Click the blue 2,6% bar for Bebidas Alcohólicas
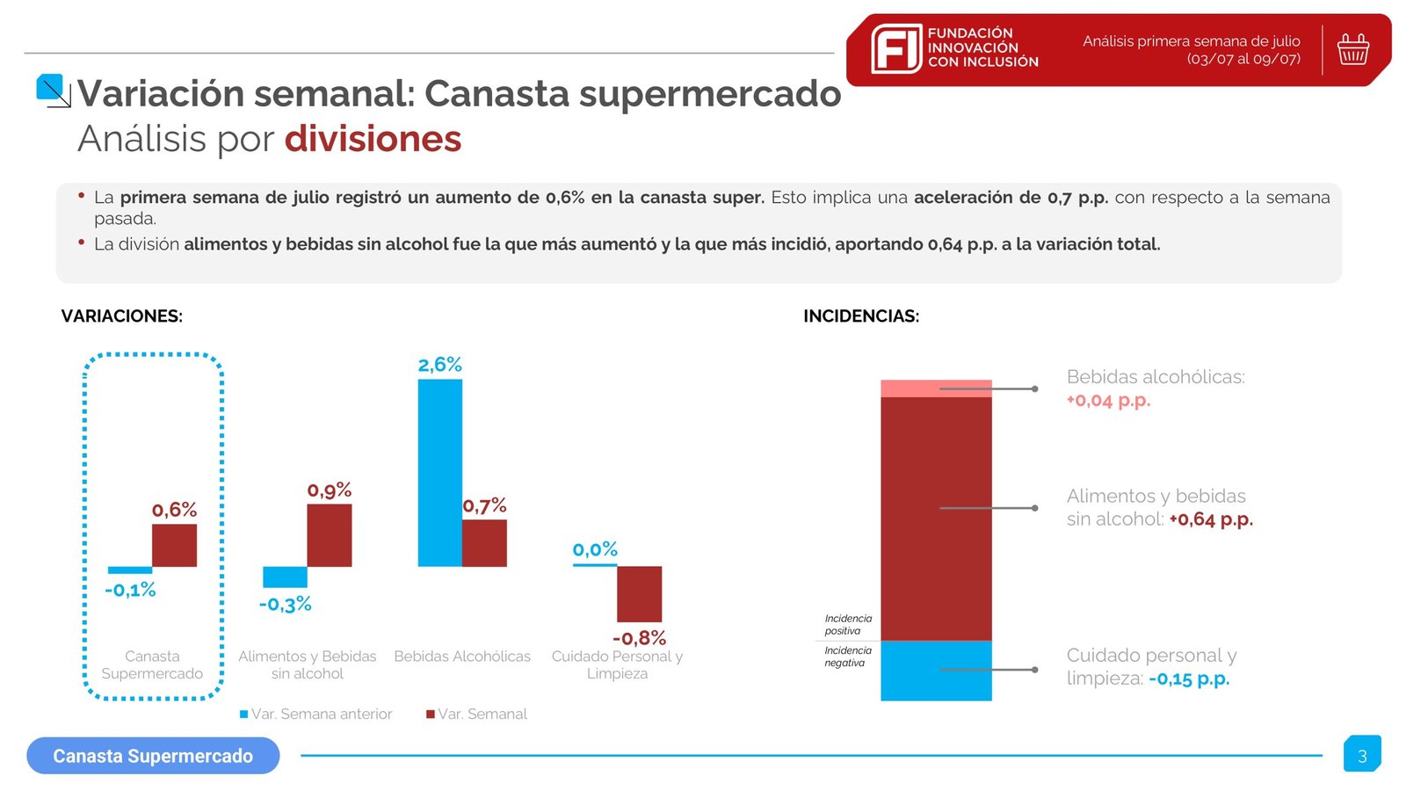[x=439, y=473]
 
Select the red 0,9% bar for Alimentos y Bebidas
[x=329, y=535]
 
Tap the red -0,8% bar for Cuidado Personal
[x=639, y=594]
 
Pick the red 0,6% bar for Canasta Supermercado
[x=174, y=546]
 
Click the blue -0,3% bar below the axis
[x=285, y=577]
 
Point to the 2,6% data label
[x=439, y=365]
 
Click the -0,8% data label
[x=639, y=638]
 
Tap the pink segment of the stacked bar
[x=936, y=388]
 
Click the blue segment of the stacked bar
[x=936, y=671]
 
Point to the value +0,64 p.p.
[x=1210, y=519]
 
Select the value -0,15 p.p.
[x=1188, y=679]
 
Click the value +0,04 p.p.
[x=1108, y=401]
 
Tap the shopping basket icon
[x=1352, y=49]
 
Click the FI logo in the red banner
[x=895, y=48]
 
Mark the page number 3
[x=1362, y=756]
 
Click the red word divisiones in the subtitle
[x=373, y=139]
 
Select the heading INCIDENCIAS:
[x=861, y=316]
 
